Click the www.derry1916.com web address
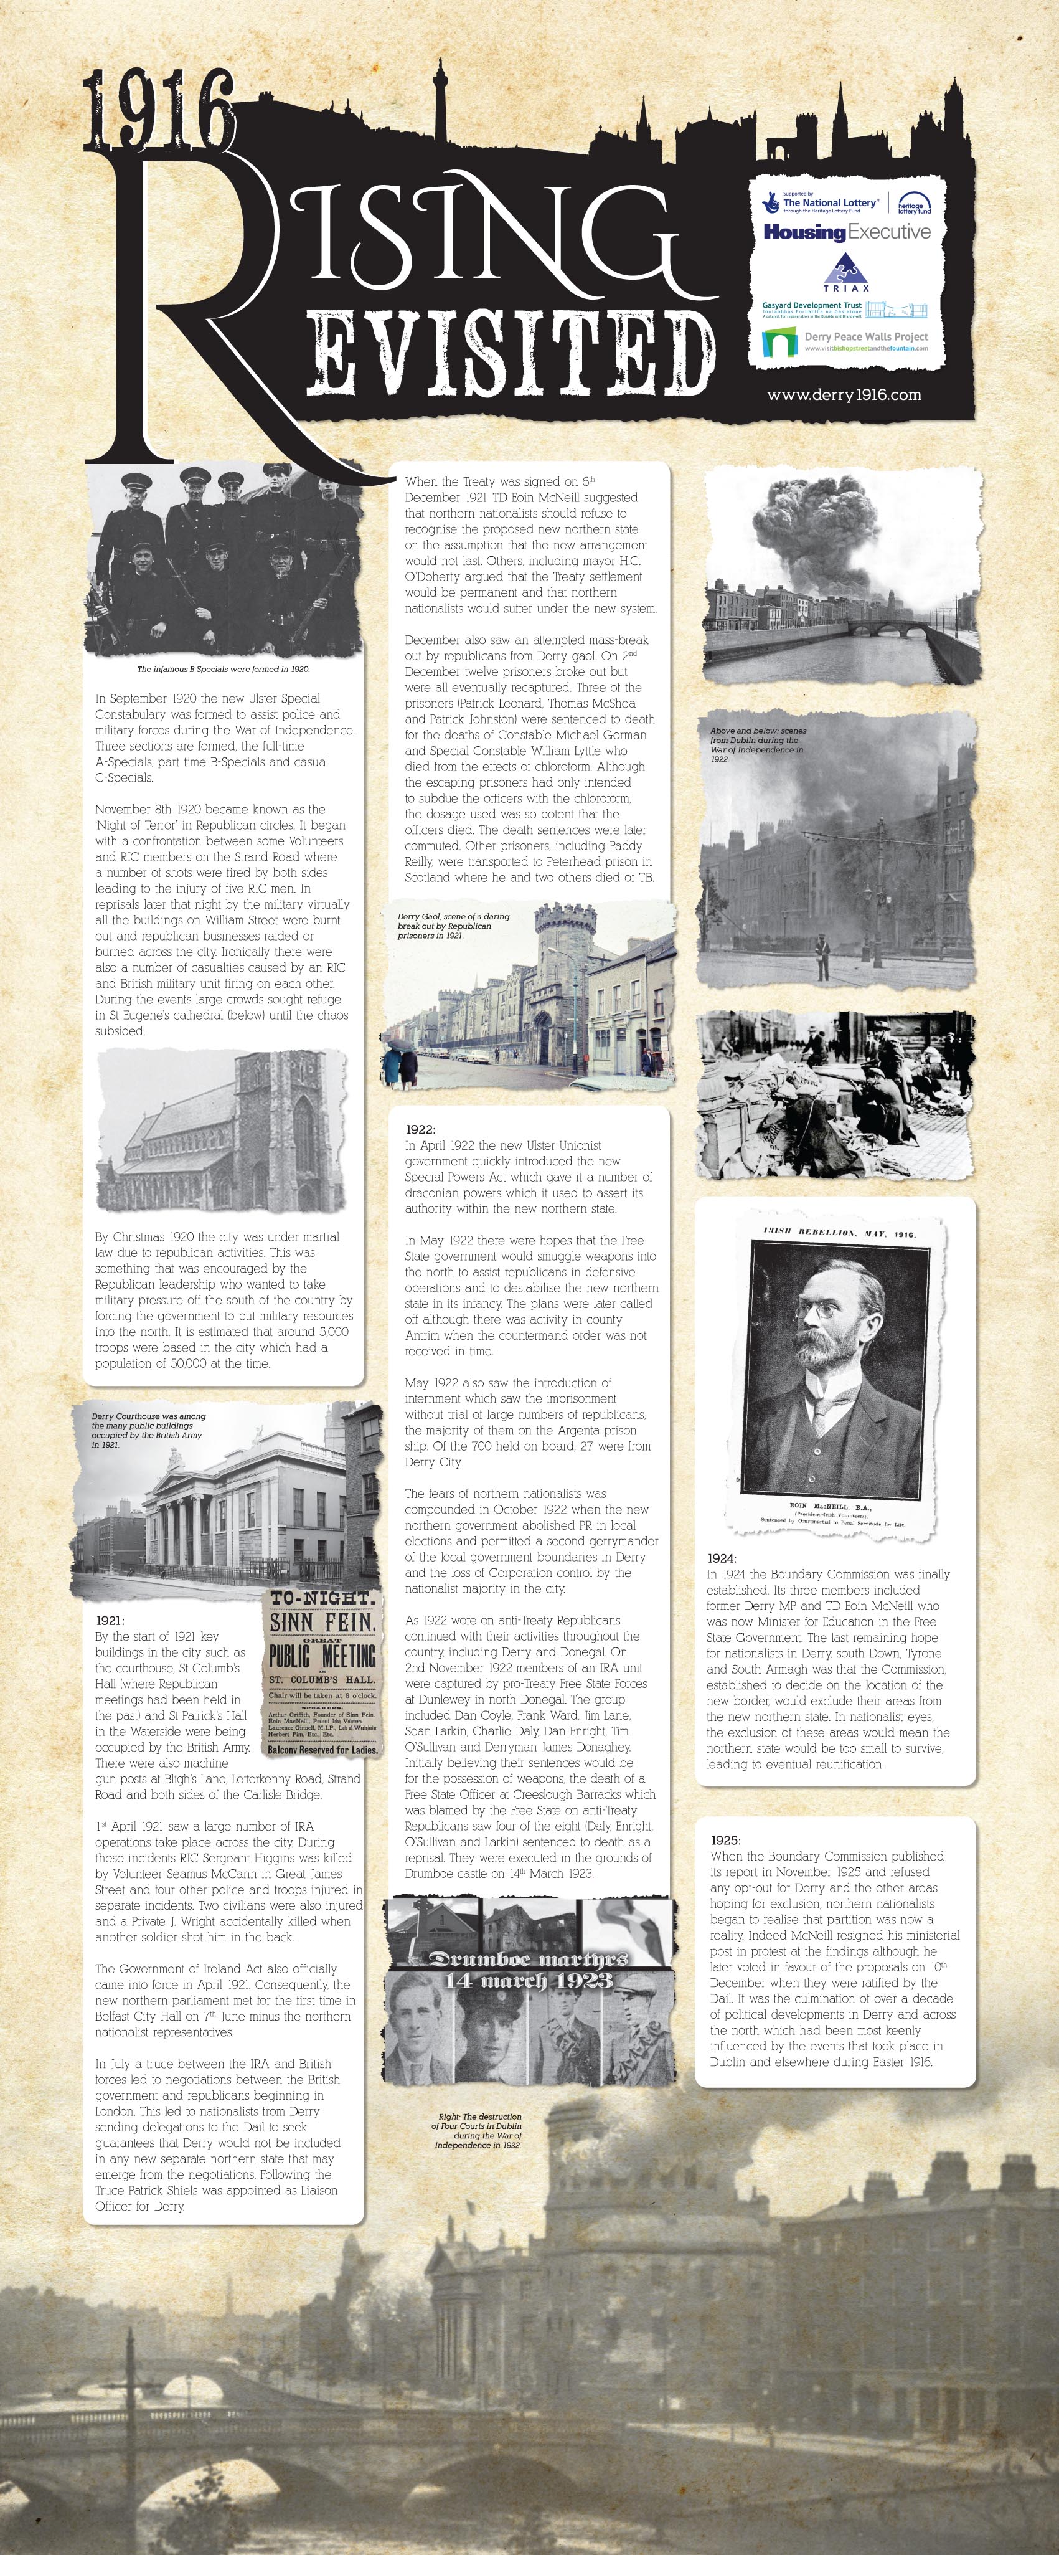(844, 395)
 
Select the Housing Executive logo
(847, 232)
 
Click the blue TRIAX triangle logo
(846, 270)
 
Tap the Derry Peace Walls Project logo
(847, 341)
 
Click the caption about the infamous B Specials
(223, 670)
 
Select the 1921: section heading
(110, 1619)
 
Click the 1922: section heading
(420, 1129)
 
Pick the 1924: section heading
(722, 1558)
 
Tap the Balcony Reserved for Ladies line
(323, 1750)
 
